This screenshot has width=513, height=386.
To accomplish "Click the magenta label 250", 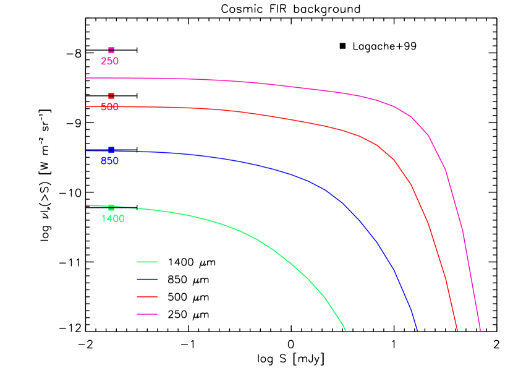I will coord(109,62).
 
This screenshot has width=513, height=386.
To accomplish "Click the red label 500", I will coord(109,108).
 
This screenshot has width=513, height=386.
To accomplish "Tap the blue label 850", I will coord(109,161).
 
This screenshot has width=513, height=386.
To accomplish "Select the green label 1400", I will coord(112,219).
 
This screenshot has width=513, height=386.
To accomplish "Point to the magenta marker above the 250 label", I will coord(111,50).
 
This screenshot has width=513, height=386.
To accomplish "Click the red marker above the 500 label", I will coord(111,96).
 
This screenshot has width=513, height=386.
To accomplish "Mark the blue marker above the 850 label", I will coord(111,150).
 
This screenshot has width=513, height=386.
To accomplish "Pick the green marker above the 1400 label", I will coord(111,207).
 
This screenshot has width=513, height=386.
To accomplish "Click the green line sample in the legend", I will coord(147,262).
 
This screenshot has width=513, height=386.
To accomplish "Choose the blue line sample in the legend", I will coord(147,279).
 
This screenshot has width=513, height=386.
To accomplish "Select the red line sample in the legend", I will coord(147,296).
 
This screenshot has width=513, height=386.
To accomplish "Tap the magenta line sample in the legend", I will coord(147,314).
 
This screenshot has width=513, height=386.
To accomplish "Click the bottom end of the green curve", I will coord(346,330).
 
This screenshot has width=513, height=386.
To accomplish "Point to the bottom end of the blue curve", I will coord(417,330).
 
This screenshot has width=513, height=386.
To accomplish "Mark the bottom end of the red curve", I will coord(457,330).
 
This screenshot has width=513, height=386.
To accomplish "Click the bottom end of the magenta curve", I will coord(480,330).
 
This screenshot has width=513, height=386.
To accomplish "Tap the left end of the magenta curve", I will coord(87,78).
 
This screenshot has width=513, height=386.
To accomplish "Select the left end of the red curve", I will coord(87,106).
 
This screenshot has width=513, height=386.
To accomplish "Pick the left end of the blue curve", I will coord(87,151).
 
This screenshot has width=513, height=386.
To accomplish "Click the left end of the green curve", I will coord(87,205).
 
